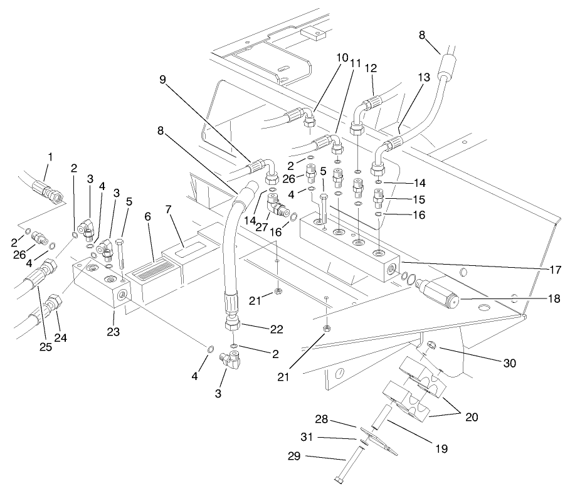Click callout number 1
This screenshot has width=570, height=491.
pyautogui.click(x=50, y=156)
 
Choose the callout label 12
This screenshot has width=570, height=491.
pyautogui.click(x=371, y=67)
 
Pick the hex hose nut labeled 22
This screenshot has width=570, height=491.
pyautogui.click(x=233, y=327)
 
